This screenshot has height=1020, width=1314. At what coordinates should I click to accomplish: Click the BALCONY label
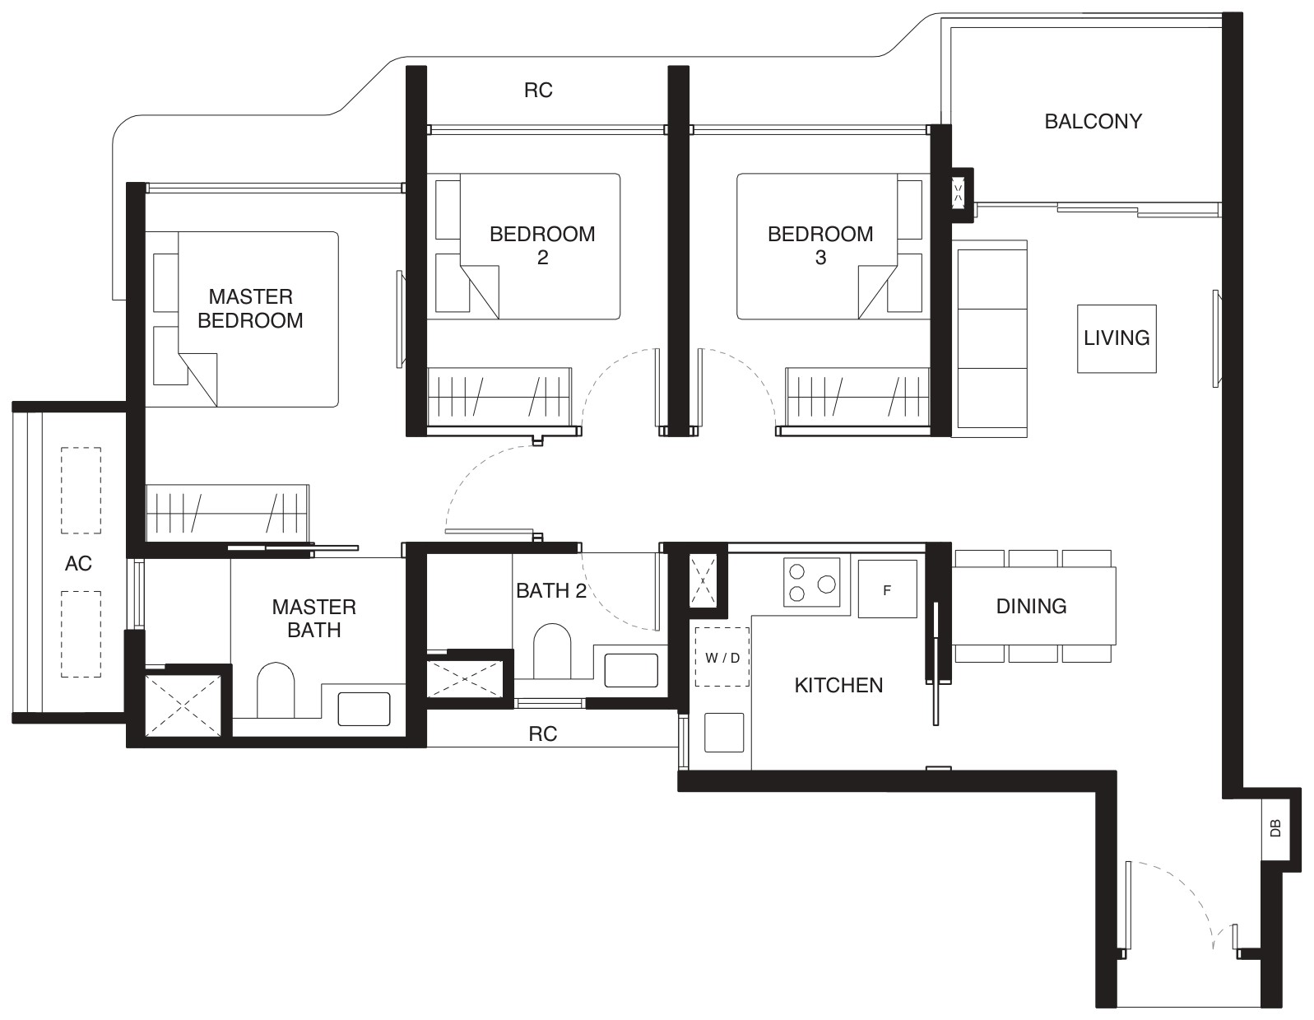pyautogui.click(x=1093, y=122)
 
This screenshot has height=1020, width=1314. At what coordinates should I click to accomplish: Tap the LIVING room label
pyautogui.click(x=1117, y=338)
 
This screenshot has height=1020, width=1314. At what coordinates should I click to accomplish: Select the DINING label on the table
pyautogui.click(x=1031, y=606)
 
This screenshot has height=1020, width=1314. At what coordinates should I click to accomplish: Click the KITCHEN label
pyautogui.click(x=838, y=686)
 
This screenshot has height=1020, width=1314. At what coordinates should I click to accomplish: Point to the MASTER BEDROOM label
pyautogui.click(x=250, y=309)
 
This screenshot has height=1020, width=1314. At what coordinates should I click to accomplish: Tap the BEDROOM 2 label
pyautogui.click(x=542, y=245)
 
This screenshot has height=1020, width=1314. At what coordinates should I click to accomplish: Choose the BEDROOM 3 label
pyautogui.click(x=820, y=245)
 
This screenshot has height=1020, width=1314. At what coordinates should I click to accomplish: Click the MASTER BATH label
pyautogui.click(x=313, y=618)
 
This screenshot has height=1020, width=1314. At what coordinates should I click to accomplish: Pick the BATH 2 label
pyautogui.click(x=551, y=590)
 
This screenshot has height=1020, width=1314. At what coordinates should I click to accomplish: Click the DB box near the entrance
pyautogui.click(x=1276, y=828)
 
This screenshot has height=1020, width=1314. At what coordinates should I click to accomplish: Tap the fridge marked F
pyautogui.click(x=887, y=589)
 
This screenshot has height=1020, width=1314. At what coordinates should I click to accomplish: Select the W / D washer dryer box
pyautogui.click(x=722, y=657)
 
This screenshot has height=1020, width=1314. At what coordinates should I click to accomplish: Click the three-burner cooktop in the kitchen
pyautogui.click(x=811, y=582)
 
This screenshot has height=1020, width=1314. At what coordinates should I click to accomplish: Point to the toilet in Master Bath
pyautogui.click(x=276, y=690)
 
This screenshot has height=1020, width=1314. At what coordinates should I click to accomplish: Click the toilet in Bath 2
pyautogui.click(x=552, y=651)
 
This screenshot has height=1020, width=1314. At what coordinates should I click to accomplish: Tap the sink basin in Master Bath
pyautogui.click(x=364, y=709)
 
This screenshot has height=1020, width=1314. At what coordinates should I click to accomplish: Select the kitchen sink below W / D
pyautogui.click(x=724, y=732)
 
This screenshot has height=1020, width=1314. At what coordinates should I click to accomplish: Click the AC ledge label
pyautogui.click(x=78, y=564)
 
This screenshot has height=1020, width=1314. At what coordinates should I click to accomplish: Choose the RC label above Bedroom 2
pyautogui.click(x=538, y=90)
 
